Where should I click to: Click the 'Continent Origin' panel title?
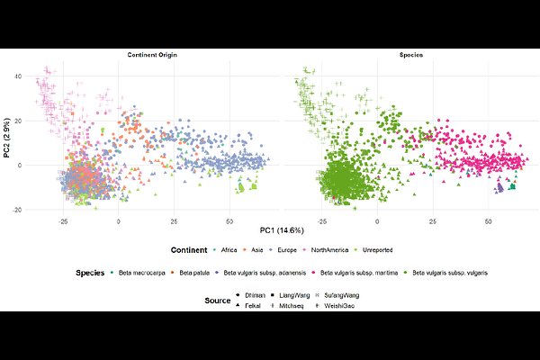[149, 56]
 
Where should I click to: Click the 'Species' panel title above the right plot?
[412, 56]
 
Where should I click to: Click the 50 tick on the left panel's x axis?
[230, 220]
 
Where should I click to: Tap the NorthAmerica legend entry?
[340, 249]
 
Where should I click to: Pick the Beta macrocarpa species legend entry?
[143, 272]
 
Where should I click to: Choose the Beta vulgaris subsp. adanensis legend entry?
[271, 272]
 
